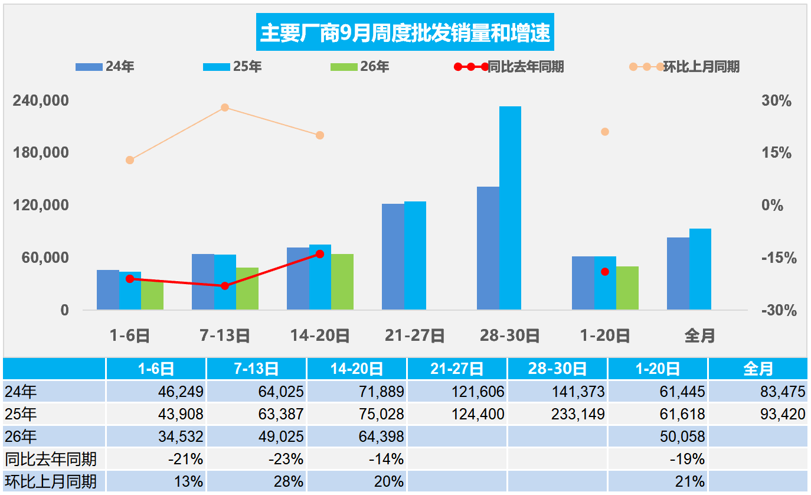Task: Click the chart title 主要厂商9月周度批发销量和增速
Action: [405, 32]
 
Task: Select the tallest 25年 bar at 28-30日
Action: [510, 208]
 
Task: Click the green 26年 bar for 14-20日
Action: [342, 282]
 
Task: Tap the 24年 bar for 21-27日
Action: [393, 257]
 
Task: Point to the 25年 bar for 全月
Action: [700, 269]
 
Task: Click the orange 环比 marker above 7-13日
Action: [225, 108]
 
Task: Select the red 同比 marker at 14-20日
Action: [320, 254]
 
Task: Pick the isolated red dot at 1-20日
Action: [605, 272]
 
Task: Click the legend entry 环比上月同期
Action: [684, 67]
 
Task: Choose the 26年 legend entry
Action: [359, 67]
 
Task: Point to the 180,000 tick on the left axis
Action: [41, 152]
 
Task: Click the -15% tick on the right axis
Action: [779, 258]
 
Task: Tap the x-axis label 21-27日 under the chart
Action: [414, 336]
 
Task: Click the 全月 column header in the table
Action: [758, 369]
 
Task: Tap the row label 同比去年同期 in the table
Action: [51, 459]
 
